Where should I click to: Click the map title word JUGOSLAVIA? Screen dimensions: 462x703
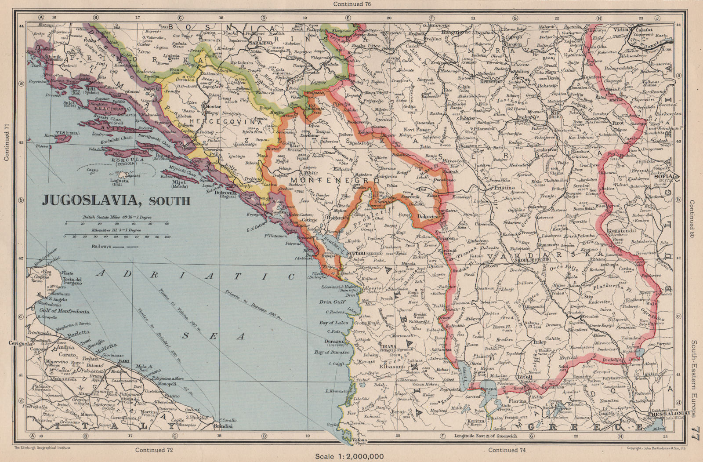pos(94,200)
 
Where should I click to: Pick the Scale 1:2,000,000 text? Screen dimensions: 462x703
pos(350,457)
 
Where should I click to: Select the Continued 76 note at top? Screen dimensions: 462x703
pos(351,4)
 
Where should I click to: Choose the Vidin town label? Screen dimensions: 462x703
pos(620,30)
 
